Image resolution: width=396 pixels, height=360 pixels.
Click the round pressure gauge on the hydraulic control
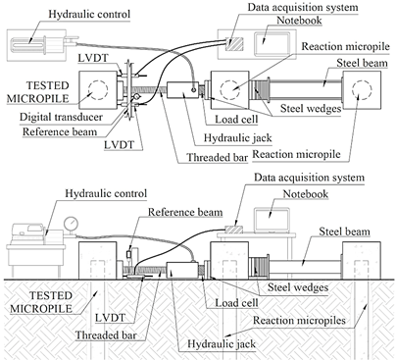[x=70, y=224]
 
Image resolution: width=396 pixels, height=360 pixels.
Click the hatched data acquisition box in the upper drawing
[x=234, y=43]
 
